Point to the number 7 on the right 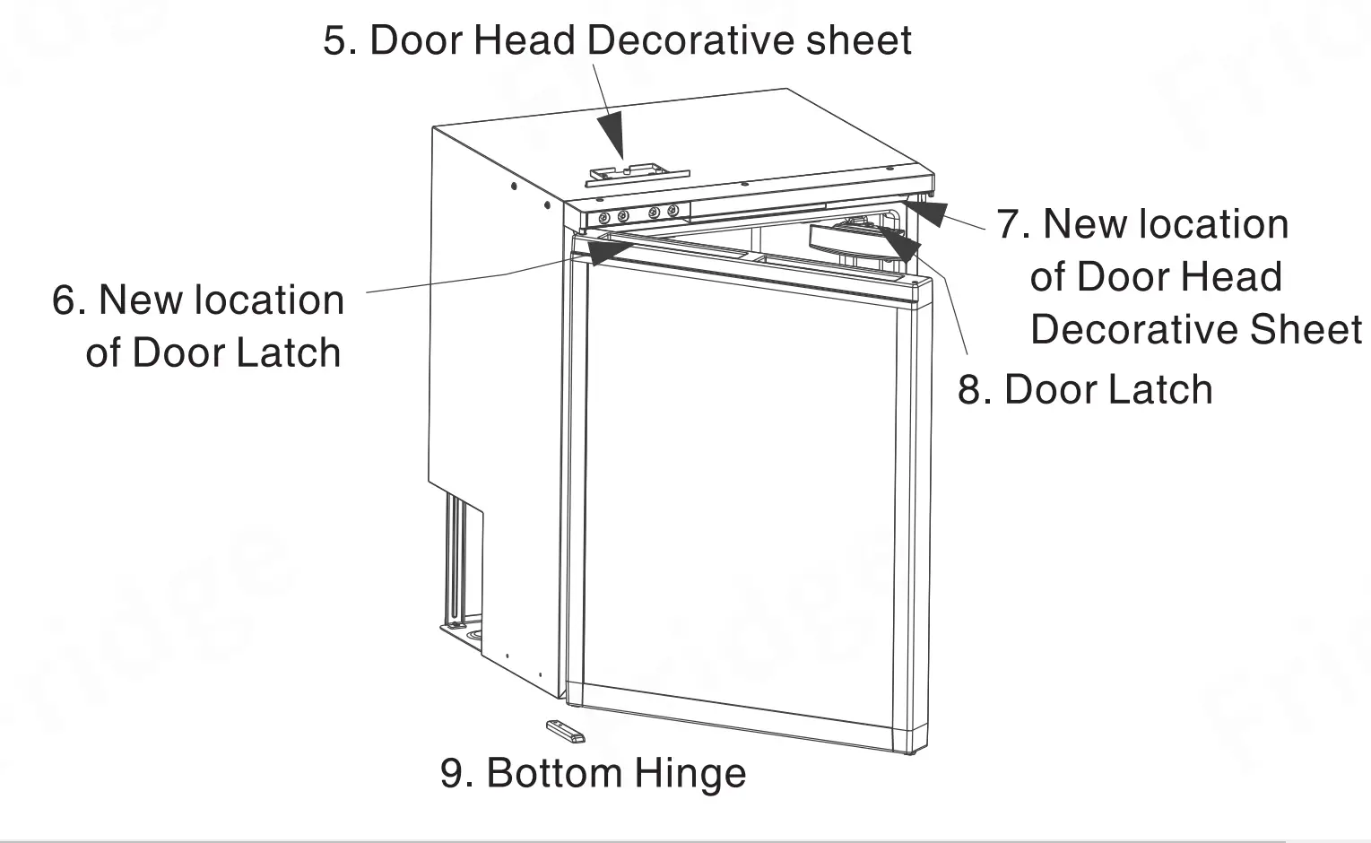[x=1012, y=224]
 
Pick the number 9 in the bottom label [x=454, y=773]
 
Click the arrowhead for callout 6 [x=598, y=252]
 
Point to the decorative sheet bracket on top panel [x=637, y=173]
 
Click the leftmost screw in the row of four [x=603, y=217]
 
